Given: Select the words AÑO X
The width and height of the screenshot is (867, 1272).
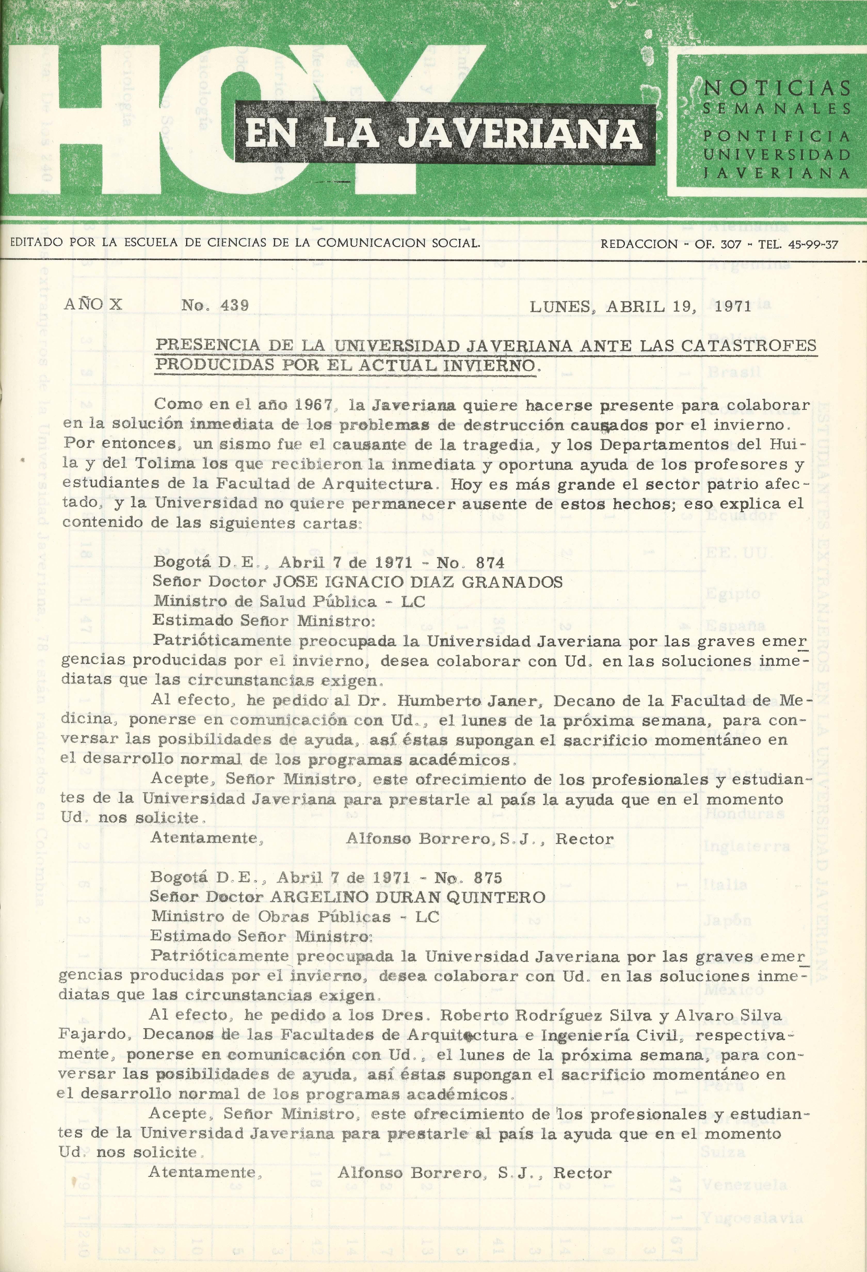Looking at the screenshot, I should click(x=93, y=304).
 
